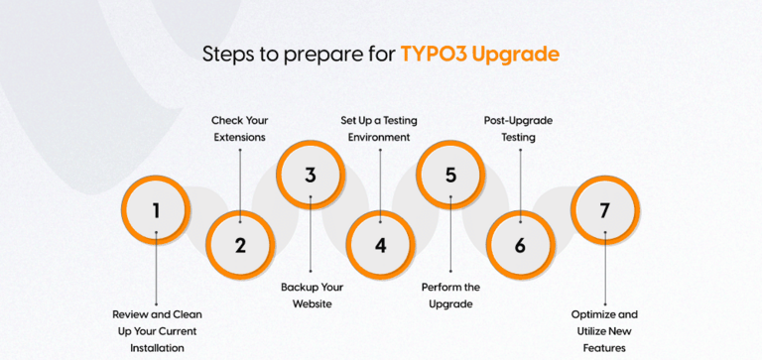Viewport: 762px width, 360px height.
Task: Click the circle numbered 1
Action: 156,210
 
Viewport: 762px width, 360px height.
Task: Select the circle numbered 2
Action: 240,245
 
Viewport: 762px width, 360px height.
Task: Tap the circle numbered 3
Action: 311,176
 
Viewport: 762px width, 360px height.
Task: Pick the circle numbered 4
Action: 381,245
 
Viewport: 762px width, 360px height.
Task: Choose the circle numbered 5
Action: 450,176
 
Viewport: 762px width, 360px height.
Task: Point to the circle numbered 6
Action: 521,245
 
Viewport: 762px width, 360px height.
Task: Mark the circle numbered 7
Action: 604,210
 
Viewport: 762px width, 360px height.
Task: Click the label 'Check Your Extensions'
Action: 240,129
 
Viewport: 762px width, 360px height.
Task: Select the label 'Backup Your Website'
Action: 311,296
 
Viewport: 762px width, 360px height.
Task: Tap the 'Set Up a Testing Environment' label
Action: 379,129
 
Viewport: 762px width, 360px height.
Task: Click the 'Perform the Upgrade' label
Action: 450,296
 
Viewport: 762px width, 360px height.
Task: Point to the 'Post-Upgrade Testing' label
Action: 521,129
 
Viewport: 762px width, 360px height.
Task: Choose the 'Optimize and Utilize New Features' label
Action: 604,330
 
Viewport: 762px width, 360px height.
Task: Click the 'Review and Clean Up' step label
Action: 156,330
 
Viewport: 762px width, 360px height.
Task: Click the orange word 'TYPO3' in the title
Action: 435,55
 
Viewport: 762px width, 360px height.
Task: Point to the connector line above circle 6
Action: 521,179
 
